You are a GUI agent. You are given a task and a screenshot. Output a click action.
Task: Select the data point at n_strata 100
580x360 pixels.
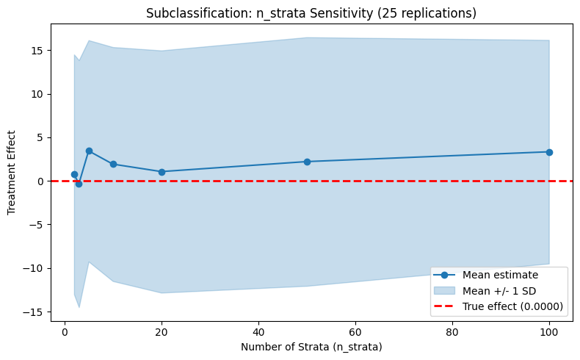549,152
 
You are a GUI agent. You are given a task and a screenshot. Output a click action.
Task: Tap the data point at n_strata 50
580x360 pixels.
307,162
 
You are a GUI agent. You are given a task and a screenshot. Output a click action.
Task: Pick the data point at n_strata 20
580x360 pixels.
162,172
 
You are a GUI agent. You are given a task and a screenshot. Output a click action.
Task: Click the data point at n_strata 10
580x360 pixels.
113,164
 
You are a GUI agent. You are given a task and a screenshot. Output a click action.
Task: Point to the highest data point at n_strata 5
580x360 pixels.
89,151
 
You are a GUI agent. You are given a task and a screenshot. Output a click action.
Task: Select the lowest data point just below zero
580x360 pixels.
79,184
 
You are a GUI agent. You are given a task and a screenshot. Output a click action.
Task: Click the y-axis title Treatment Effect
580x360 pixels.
12,173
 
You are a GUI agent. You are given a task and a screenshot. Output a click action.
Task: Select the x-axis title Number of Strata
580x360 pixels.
311,346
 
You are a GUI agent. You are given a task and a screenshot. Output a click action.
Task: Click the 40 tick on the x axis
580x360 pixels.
258,331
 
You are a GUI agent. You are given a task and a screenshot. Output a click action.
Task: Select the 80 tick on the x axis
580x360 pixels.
452,331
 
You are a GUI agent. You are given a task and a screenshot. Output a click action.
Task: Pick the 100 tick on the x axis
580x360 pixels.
549,331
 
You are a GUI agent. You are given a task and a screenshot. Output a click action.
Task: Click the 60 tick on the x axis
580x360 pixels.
355,331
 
